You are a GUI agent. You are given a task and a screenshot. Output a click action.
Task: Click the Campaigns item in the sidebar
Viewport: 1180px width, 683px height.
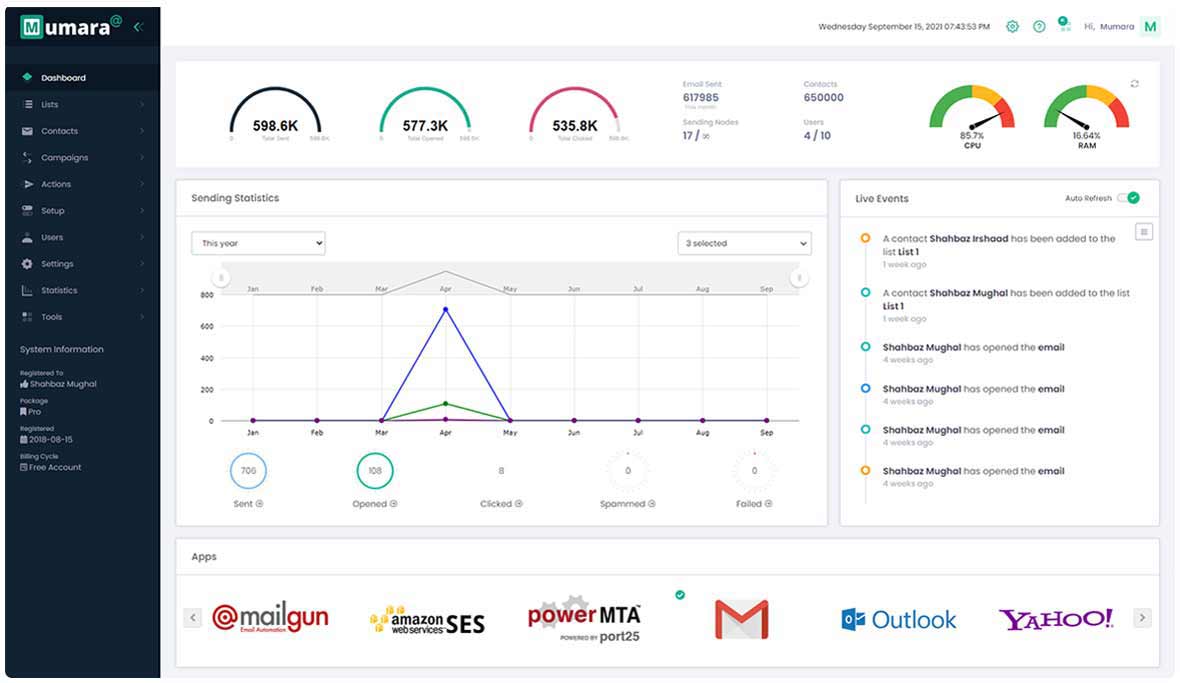tap(64, 158)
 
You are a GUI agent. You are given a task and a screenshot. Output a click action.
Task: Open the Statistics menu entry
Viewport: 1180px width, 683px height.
tap(59, 291)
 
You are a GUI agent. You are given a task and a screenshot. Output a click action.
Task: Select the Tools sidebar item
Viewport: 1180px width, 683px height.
tap(51, 317)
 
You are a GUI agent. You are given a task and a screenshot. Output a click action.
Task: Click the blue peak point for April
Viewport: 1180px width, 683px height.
tap(445, 309)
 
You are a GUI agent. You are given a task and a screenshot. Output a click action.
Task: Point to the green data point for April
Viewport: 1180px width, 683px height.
tap(445, 404)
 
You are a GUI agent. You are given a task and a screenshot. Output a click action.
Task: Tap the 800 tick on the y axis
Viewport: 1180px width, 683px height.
tap(207, 295)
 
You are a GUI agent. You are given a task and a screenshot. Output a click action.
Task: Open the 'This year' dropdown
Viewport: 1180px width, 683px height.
tap(258, 243)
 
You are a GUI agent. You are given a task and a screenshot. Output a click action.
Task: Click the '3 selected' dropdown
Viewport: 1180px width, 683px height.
tap(744, 243)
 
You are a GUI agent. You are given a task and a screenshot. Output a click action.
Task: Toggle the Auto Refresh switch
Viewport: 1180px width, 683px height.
tap(1129, 198)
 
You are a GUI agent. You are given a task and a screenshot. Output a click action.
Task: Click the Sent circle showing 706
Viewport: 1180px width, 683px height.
tap(249, 471)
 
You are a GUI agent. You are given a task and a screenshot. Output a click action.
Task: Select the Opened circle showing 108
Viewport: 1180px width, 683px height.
tap(375, 471)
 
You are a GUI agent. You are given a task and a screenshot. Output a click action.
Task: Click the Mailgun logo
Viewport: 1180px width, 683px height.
tap(270, 618)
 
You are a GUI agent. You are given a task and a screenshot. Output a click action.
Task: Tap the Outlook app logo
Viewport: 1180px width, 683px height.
tap(898, 620)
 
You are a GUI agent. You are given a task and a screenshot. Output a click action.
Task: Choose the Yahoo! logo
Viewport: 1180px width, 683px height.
tap(1056, 619)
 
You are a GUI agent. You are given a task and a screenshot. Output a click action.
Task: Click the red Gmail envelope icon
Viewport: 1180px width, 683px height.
tap(741, 619)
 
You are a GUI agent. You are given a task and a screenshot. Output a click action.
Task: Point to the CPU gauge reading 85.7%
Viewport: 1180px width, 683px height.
tap(971, 114)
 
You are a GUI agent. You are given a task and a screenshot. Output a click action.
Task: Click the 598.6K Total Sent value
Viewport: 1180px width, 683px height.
tap(275, 126)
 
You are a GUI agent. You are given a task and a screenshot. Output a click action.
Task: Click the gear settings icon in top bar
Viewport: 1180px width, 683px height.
tap(1012, 27)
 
